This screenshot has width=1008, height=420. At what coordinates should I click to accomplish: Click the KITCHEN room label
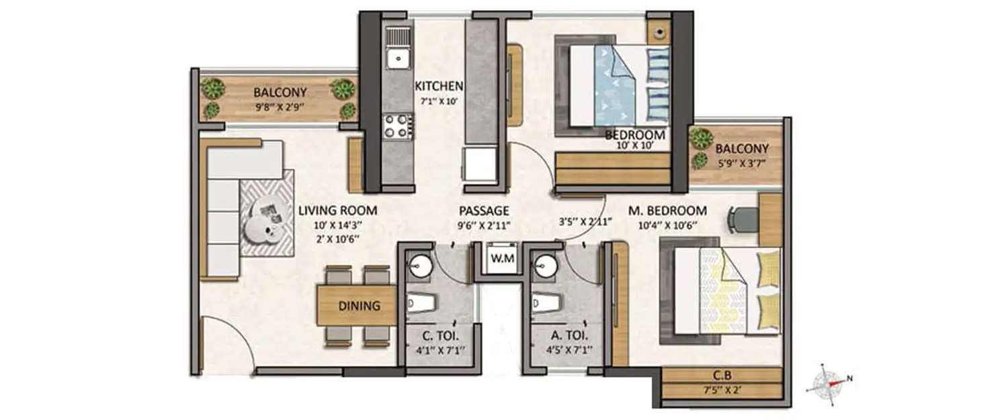pyautogui.click(x=439, y=86)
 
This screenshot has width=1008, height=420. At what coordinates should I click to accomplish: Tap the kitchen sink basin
pyautogui.click(x=398, y=58)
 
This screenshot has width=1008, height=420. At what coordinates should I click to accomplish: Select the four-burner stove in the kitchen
pyautogui.click(x=397, y=126)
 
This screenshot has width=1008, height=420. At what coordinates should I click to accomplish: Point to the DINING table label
pyautogui.click(x=359, y=306)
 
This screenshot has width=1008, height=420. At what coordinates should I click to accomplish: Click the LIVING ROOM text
pyautogui.click(x=337, y=210)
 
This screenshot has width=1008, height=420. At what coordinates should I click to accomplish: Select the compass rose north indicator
pyautogui.click(x=831, y=383)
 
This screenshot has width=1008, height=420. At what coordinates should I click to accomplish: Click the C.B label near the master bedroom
pyautogui.click(x=722, y=375)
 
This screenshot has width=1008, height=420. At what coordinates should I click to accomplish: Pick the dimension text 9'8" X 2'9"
pyautogui.click(x=280, y=106)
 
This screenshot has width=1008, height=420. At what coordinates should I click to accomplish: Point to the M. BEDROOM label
pyautogui.click(x=667, y=210)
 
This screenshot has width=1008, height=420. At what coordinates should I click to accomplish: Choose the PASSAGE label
pyautogui.click(x=484, y=210)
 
